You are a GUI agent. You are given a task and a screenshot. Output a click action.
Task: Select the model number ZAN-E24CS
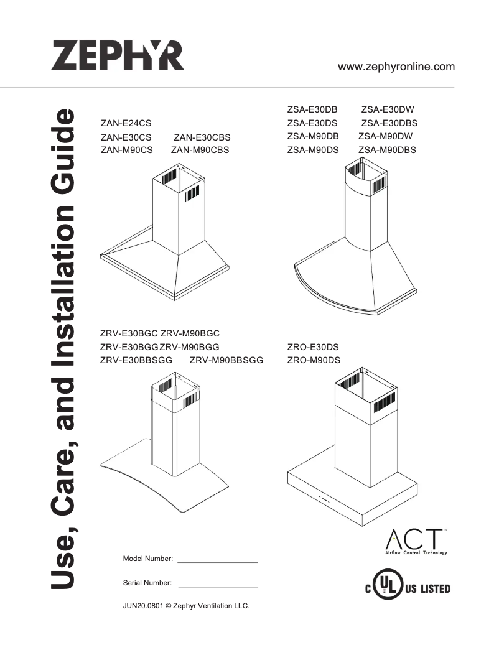(126, 123)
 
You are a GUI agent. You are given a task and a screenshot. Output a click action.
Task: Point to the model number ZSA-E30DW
(388, 109)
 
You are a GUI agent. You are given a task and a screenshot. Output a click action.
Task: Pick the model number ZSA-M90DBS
(388, 150)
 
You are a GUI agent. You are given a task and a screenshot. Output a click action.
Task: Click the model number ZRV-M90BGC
(190, 333)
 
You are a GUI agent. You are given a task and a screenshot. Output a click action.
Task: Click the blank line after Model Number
(218, 561)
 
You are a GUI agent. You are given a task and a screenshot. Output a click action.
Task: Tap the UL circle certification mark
(387, 586)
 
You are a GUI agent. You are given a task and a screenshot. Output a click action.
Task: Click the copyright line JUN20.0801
(187, 606)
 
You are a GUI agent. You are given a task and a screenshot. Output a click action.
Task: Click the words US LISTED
(427, 588)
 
